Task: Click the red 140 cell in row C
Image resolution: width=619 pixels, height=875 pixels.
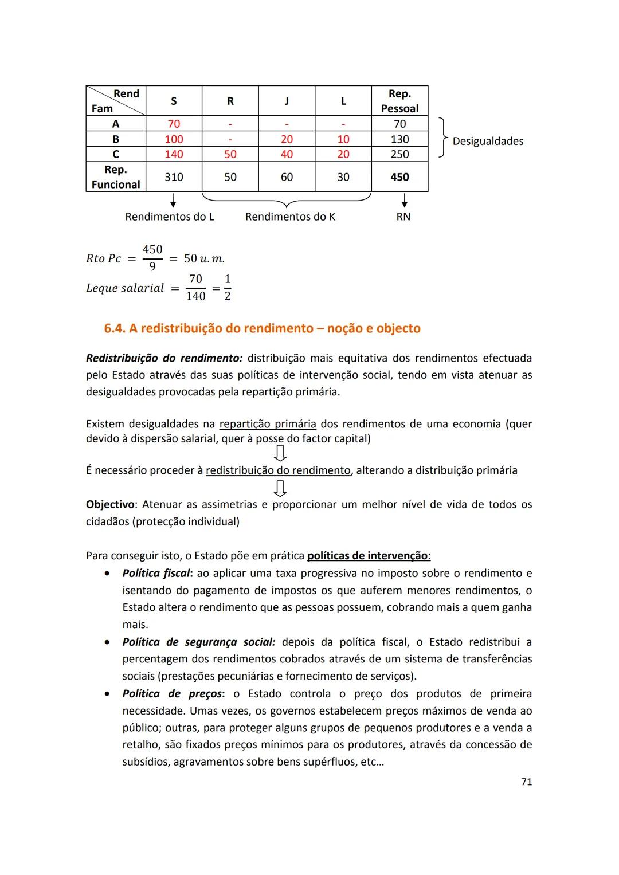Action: pyautogui.click(x=174, y=154)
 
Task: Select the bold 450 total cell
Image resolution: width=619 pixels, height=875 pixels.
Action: pyautogui.click(x=399, y=177)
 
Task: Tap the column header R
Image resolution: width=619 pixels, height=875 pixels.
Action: pyautogui.click(x=230, y=101)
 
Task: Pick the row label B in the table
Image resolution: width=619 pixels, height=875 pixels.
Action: pyautogui.click(x=116, y=139)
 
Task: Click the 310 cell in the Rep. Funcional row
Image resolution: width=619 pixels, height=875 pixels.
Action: pyautogui.click(x=174, y=177)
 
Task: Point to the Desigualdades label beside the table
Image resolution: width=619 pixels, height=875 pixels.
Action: pyautogui.click(x=488, y=141)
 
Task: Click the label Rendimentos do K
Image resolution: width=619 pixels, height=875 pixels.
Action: pyautogui.click(x=290, y=217)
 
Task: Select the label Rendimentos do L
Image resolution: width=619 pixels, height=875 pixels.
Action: pyautogui.click(x=170, y=217)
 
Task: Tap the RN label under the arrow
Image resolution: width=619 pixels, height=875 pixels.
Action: pyautogui.click(x=403, y=217)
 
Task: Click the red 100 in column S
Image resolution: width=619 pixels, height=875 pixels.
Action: pyautogui.click(x=174, y=139)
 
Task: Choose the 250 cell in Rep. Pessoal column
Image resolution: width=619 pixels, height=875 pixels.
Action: pyautogui.click(x=399, y=154)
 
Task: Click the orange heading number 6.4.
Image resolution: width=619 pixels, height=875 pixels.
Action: pyautogui.click(x=115, y=328)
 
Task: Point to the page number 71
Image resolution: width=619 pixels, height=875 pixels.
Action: pyautogui.click(x=526, y=782)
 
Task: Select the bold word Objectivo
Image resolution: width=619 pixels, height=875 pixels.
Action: pyautogui.click(x=110, y=504)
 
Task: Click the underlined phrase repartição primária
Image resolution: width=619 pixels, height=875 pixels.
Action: pyautogui.click(x=268, y=424)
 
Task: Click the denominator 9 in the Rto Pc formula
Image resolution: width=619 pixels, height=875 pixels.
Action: pyautogui.click(x=152, y=266)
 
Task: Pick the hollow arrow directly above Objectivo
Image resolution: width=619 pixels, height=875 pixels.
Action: pyautogui.click(x=280, y=488)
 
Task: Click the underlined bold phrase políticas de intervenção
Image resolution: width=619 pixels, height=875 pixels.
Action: pyautogui.click(x=368, y=555)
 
